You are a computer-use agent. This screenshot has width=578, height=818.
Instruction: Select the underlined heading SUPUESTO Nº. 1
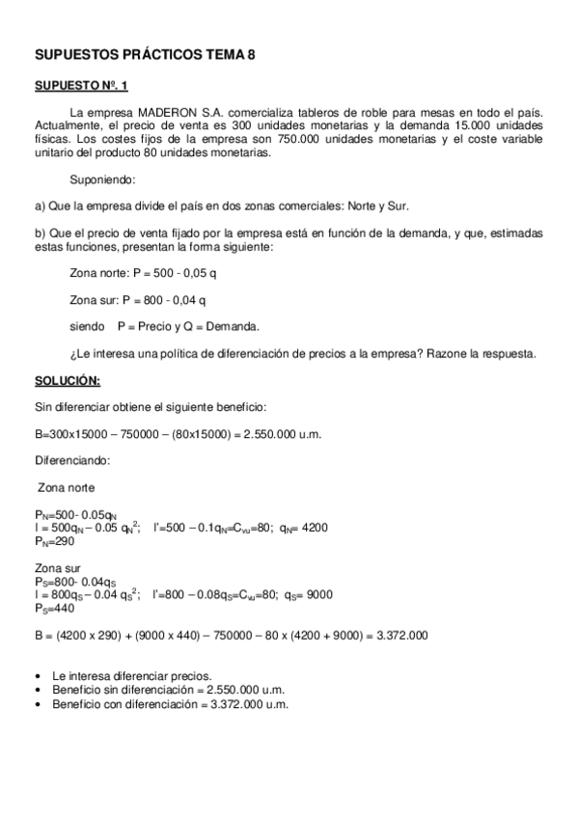81,86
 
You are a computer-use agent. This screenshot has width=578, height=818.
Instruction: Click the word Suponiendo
103,179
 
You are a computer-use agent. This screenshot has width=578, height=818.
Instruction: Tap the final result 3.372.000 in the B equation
397,635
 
